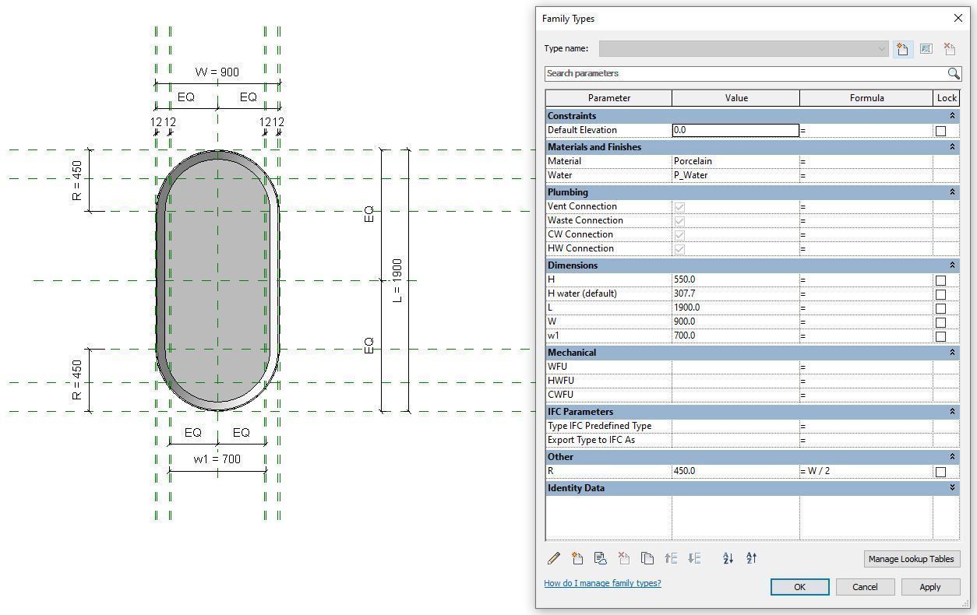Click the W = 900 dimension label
pos(217,72)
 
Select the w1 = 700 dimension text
pos(217,459)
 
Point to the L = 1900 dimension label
pos(397,280)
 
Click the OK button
pos(799,587)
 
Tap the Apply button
pos(929,587)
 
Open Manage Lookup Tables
pos(911,559)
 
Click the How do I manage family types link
pos(602,583)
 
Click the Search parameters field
pos(744,73)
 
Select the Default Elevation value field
pos(735,130)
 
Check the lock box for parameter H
pos(940,280)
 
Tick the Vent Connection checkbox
pos(679,207)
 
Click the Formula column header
pos(866,98)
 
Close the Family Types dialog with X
pos(958,18)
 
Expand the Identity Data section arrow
pos(952,488)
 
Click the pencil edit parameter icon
pos(553,558)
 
